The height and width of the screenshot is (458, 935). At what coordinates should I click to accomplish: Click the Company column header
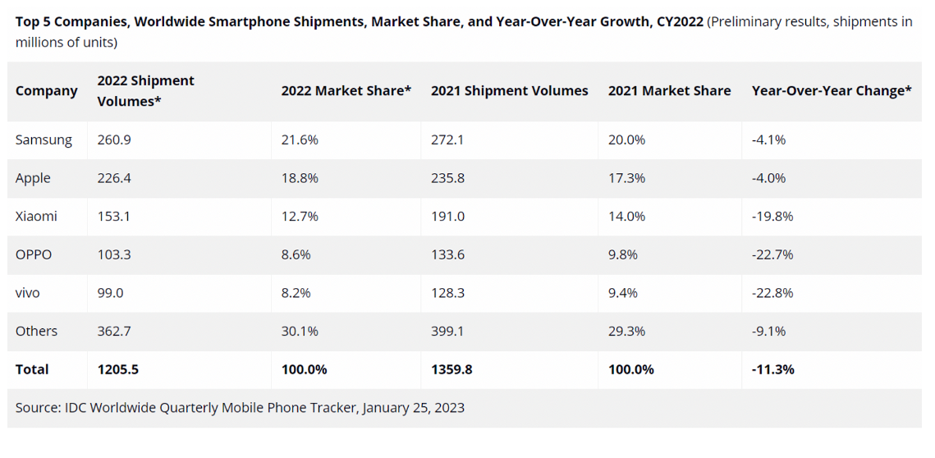click(x=47, y=91)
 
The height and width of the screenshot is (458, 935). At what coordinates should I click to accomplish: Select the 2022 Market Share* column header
click(x=346, y=91)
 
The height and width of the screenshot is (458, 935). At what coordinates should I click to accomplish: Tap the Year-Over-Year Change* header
click(x=832, y=91)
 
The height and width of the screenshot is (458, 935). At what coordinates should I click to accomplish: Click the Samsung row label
click(x=44, y=140)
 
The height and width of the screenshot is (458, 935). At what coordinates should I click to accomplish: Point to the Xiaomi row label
click(x=37, y=217)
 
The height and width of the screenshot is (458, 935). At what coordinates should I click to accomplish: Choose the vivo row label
click(x=28, y=293)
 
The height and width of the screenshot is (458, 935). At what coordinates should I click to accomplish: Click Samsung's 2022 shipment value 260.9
click(x=114, y=140)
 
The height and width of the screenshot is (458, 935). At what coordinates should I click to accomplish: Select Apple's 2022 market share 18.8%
click(x=300, y=178)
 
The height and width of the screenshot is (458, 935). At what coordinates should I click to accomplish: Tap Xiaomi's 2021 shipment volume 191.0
click(x=447, y=217)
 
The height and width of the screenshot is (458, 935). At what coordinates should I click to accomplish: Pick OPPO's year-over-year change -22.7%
click(x=772, y=254)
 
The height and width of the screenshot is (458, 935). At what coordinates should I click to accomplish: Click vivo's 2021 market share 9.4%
click(x=623, y=293)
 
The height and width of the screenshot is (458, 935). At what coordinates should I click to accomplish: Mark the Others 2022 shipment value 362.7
click(x=114, y=331)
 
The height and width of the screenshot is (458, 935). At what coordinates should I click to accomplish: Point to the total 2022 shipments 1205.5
click(x=117, y=369)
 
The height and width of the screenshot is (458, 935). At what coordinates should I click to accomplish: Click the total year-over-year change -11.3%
click(x=773, y=369)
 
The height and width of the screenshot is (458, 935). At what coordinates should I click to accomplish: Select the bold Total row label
click(x=32, y=369)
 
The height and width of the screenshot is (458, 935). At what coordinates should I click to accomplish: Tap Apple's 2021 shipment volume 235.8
click(x=447, y=178)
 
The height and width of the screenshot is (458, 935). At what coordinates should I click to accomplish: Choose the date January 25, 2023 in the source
click(x=413, y=407)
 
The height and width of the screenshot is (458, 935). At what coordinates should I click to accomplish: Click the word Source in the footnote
click(x=37, y=407)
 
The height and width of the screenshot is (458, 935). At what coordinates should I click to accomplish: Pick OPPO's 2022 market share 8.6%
click(x=296, y=254)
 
